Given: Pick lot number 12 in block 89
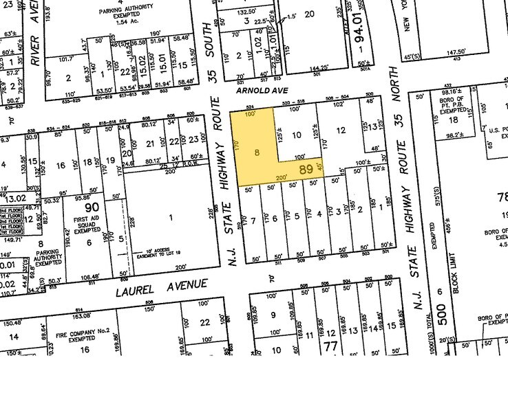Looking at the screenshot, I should coord(340,131).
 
